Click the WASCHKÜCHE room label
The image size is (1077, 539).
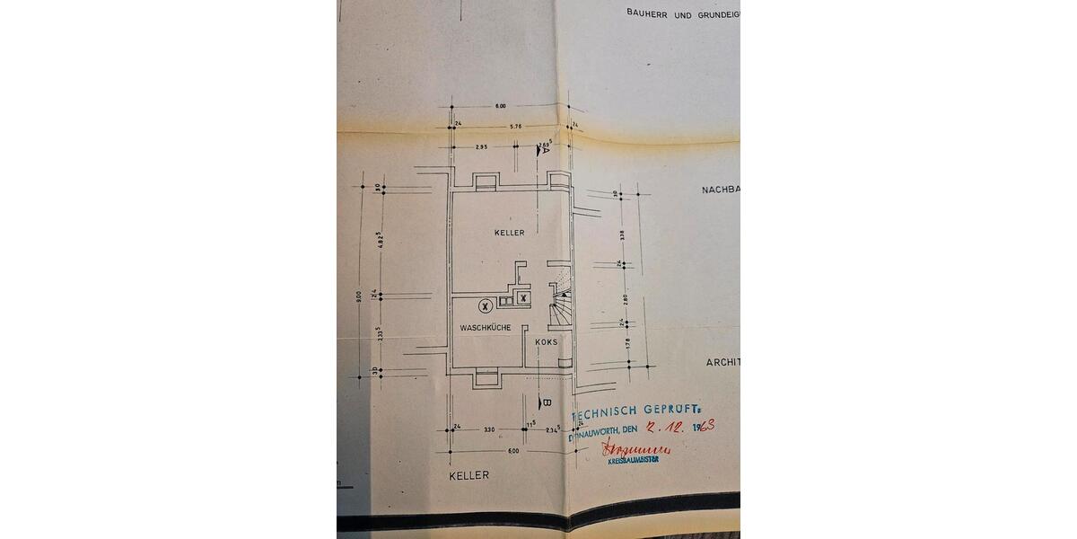click(x=486, y=328)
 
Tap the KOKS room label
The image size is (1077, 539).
click(x=546, y=342)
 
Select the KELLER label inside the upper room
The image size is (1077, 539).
click(x=509, y=233)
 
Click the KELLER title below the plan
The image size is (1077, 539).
click(x=470, y=475)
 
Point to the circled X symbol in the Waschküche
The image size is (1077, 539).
click(x=485, y=306)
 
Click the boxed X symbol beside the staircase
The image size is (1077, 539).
click(x=522, y=297)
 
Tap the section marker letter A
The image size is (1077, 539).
click(x=545, y=150)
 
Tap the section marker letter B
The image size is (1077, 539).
click(x=545, y=402)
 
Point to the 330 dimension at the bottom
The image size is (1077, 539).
click(x=489, y=430)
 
